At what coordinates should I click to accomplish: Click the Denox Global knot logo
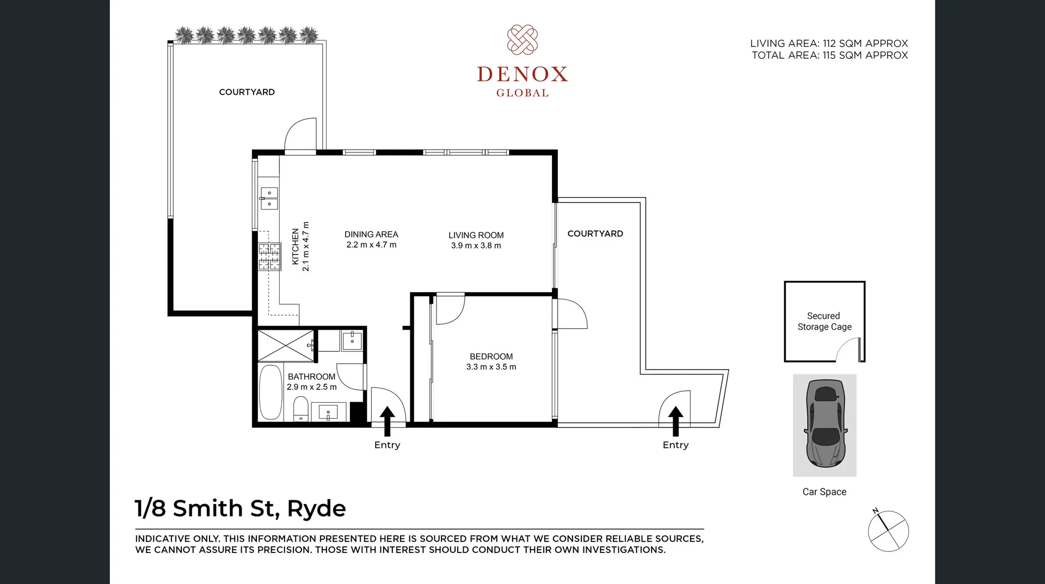click(x=522, y=40)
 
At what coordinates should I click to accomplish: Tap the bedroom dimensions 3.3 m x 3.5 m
click(x=491, y=367)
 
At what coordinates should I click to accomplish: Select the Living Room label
click(x=476, y=235)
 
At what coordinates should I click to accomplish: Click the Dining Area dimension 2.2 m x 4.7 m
click(x=371, y=245)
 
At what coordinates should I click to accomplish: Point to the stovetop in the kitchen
click(x=269, y=256)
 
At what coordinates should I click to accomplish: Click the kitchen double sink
click(x=269, y=198)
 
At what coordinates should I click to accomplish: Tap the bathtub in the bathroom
click(x=271, y=392)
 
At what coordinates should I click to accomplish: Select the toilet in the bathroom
click(x=300, y=409)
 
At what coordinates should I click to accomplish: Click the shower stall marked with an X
click(x=285, y=345)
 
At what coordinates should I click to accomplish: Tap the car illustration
click(x=825, y=423)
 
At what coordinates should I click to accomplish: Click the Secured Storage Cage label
click(x=824, y=321)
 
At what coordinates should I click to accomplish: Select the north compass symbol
click(x=888, y=531)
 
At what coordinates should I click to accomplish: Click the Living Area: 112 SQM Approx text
click(x=828, y=44)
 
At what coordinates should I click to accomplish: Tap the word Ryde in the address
click(x=316, y=508)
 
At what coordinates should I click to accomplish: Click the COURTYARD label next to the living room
click(x=595, y=233)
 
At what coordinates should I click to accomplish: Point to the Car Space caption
click(x=824, y=491)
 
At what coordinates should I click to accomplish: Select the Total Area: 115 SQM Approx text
click(x=829, y=56)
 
